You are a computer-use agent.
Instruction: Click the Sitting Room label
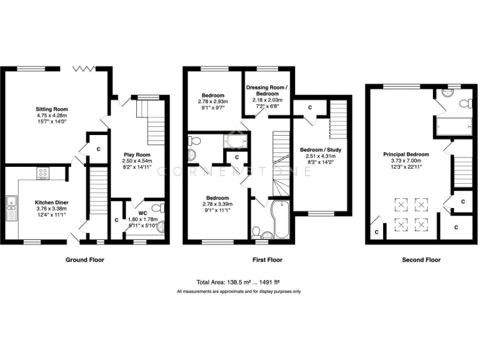coord(51,108)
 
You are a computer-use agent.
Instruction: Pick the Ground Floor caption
coord(85,259)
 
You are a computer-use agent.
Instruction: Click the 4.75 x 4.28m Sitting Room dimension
coord(51,115)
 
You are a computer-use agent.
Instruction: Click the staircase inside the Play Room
coord(156,122)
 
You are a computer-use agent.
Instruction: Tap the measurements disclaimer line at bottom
coord(239,292)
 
